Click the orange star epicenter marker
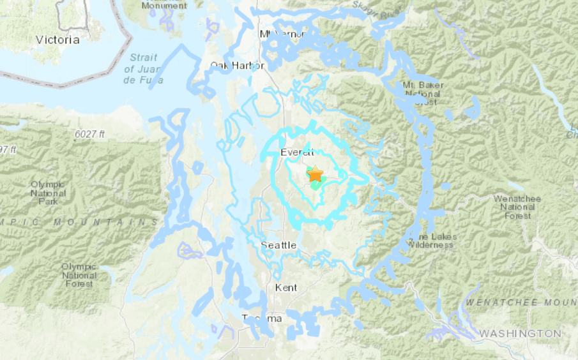(315, 174)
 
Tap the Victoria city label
(57, 40)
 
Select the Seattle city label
(278, 245)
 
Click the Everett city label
(298, 152)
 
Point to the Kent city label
(285, 288)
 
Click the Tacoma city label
(262, 319)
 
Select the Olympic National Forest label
(79, 274)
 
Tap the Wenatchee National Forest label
(517, 207)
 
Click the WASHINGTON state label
(520, 333)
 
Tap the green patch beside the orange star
(317, 184)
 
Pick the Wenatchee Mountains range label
(521, 301)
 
